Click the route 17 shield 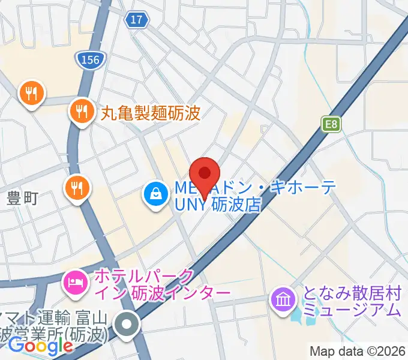[x=137, y=20]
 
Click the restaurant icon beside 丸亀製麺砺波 [x=80, y=111]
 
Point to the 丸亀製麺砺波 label [x=149, y=112]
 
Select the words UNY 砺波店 [x=217, y=205]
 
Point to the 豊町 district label [x=22, y=197]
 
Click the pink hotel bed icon [x=74, y=280]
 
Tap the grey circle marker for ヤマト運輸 [x=127, y=326]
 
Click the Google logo [x=40, y=346]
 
